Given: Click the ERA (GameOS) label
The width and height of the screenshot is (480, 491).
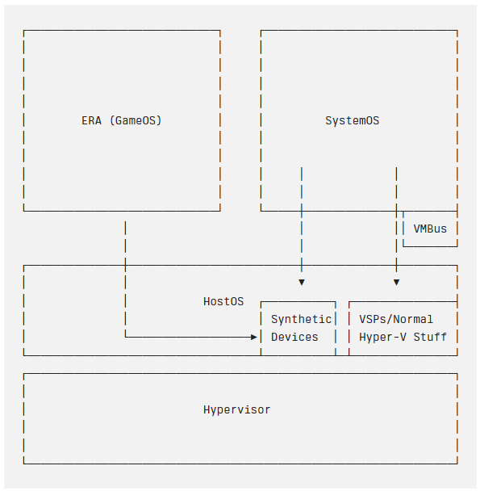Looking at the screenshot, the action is click(x=121, y=120).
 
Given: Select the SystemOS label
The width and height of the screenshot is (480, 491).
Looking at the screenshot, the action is click(x=352, y=120).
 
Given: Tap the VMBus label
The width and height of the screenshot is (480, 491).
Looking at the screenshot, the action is click(x=430, y=229).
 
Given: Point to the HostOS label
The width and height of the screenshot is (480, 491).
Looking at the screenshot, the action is click(x=223, y=301).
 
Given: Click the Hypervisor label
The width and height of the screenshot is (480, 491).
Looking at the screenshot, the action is click(x=237, y=410).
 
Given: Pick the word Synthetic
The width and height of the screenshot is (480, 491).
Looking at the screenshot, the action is click(x=301, y=320).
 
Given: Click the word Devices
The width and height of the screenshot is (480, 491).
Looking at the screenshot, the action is click(x=294, y=338).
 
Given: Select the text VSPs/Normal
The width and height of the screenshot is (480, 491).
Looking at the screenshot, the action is click(x=396, y=320).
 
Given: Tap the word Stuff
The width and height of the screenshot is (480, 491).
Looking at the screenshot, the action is click(x=430, y=338).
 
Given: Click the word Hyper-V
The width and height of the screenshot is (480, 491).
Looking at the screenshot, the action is click(x=382, y=338).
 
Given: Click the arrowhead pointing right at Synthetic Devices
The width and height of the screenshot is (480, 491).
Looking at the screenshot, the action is click(x=254, y=337).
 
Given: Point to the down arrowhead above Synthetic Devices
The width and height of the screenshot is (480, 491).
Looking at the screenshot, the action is click(x=302, y=283).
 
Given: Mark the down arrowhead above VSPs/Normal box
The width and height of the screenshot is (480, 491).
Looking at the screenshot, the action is click(x=396, y=283).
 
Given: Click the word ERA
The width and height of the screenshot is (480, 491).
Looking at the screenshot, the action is click(x=91, y=120).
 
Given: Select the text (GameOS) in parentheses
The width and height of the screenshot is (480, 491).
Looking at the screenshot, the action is click(x=136, y=120).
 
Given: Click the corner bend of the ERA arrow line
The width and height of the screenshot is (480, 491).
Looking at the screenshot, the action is click(x=126, y=337).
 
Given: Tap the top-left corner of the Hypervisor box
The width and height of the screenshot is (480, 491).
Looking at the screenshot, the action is click(x=23, y=374).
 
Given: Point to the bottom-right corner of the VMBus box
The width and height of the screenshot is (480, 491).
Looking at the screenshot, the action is click(x=457, y=246).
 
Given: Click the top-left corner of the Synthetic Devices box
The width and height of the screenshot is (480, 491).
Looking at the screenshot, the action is click(x=261, y=302).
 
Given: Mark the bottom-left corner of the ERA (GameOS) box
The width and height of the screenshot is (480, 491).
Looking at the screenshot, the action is click(x=23, y=211).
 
